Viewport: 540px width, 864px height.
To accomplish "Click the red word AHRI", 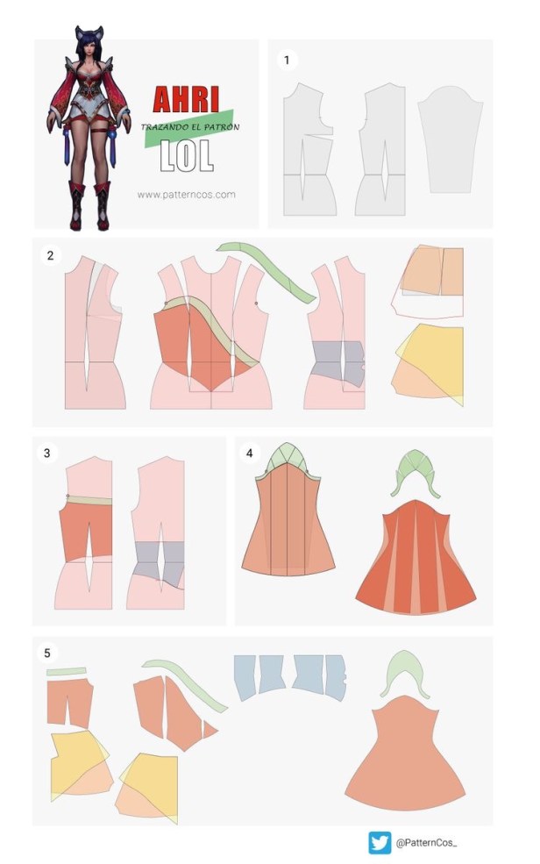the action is point(186,100).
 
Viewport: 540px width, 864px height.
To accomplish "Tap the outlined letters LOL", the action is point(186,155).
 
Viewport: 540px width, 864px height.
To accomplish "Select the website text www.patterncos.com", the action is point(186,195).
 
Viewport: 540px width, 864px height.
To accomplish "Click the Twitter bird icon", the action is point(380,843).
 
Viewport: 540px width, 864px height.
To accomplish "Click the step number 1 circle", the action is point(287,60).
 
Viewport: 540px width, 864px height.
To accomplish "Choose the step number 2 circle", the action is point(50,255).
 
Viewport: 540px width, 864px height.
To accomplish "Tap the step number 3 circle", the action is point(46,453).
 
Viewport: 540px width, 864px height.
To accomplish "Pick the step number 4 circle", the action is point(249,453).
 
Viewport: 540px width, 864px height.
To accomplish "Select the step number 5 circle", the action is point(46,653).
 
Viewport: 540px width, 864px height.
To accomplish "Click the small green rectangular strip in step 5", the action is point(67,672).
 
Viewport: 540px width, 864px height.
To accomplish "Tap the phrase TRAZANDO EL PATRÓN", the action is point(190,127).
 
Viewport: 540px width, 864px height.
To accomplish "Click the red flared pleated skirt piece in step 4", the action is point(416,556).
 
